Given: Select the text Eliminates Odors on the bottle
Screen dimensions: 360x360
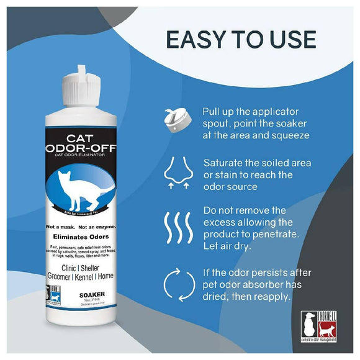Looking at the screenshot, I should [x=86, y=236].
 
